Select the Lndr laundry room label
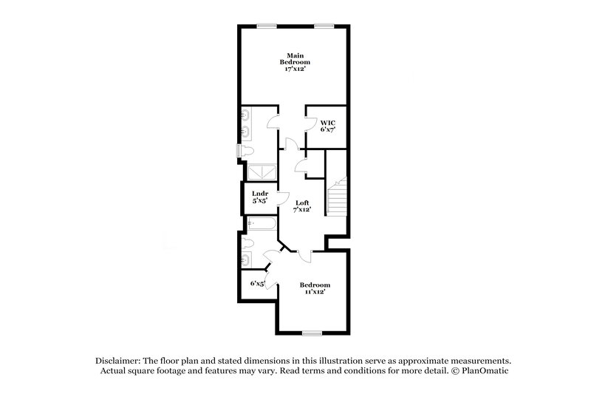[259, 198]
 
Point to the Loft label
[301, 206]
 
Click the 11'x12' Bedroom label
[314, 288]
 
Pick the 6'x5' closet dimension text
[257, 283]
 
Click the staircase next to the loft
[336, 196]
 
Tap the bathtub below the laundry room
[262, 223]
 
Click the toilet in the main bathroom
[247, 151]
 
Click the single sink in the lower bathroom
[246, 259]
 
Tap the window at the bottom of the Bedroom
[312, 333]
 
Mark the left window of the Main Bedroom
[267, 27]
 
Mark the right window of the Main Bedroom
[323, 27]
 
